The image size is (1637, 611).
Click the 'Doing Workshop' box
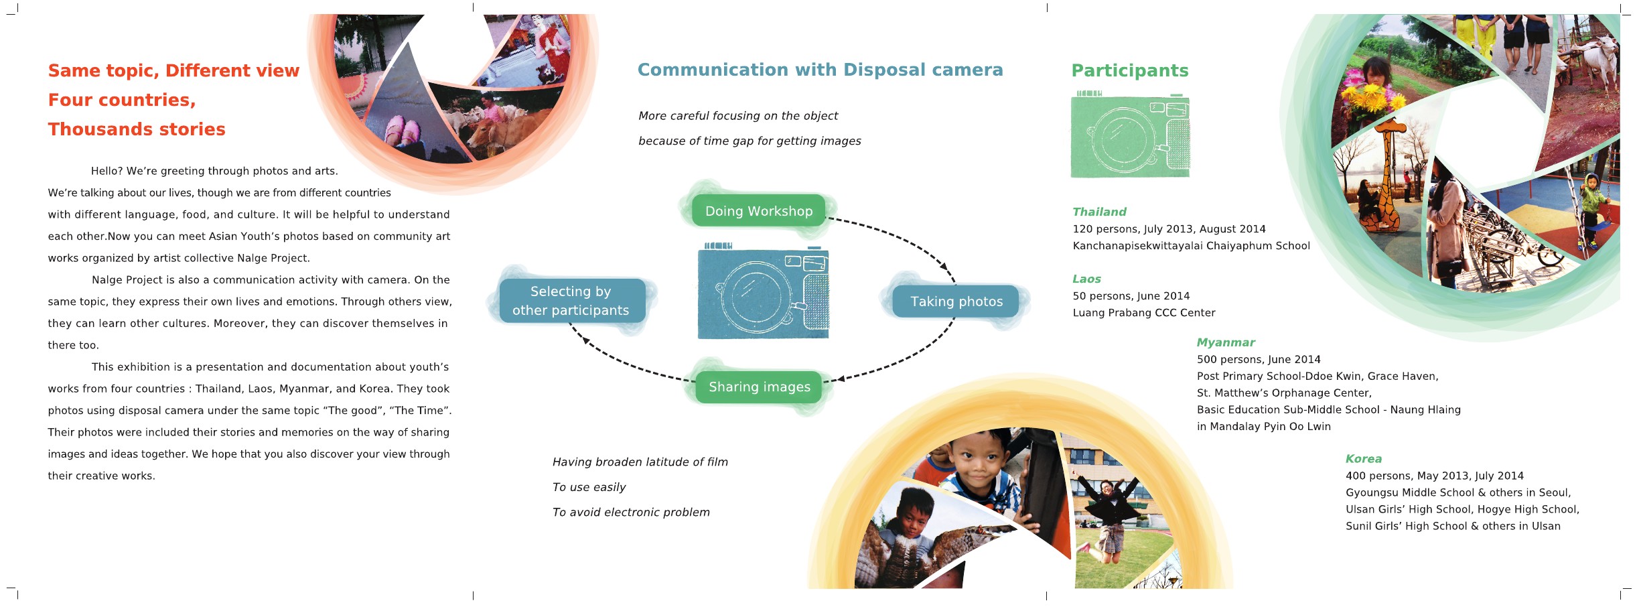point(758,211)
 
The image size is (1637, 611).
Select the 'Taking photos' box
point(956,301)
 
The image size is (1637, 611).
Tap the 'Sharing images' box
point(759,387)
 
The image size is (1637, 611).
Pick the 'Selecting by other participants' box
point(571,301)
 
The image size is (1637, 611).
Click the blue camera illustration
point(763,292)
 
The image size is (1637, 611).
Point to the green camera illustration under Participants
point(1130,135)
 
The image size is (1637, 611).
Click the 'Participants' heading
point(1130,70)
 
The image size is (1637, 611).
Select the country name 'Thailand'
point(1099,212)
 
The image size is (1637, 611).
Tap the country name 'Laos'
point(1086,279)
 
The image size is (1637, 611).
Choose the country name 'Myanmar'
point(1226,342)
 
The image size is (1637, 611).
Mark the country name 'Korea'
point(1364,459)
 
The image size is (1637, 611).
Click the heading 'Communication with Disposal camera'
point(820,70)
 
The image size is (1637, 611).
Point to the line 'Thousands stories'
point(137,129)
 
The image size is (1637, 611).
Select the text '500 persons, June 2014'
point(1259,360)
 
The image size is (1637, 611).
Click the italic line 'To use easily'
point(589,487)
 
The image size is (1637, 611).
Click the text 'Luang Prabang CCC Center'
point(1143,313)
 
